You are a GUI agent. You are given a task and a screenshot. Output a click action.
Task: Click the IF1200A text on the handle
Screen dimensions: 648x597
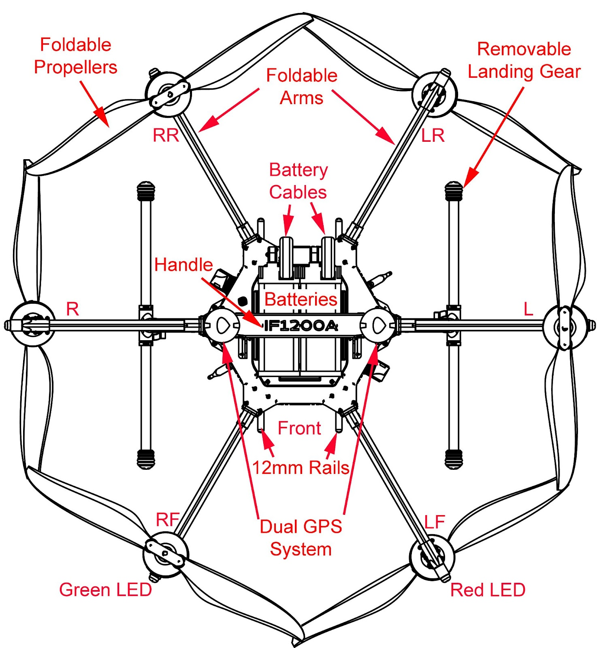click(301, 326)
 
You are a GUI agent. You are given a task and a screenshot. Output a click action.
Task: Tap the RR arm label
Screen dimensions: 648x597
click(166, 135)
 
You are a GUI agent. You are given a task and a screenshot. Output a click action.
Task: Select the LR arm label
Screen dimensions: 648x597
click(433, 136)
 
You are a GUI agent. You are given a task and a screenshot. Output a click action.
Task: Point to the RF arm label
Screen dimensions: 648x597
click(168, 519)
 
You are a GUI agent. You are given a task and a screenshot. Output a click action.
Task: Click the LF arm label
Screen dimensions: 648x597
click(435, 522)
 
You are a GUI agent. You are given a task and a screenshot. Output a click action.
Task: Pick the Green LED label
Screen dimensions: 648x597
click(105, 590)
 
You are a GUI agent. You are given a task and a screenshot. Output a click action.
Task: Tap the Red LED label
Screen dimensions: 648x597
click(488, 590)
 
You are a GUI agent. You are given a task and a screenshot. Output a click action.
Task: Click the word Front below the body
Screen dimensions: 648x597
click(299, 428)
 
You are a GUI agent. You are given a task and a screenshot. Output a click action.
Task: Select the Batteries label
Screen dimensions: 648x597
click(301, 300)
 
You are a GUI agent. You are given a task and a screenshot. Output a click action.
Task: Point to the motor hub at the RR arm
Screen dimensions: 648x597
click(168, 94)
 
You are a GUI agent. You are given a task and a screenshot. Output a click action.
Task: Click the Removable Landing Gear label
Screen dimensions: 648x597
click(524, 60)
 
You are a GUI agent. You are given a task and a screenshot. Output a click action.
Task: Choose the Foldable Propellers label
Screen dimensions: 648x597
click(76, 56)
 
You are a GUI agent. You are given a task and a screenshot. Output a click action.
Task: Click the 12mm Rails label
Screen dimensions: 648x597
click(301, 468)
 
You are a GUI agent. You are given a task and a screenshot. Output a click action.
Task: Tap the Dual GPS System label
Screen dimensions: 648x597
click(301, 538)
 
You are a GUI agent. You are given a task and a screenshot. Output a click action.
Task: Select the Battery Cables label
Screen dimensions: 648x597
click(298, 181)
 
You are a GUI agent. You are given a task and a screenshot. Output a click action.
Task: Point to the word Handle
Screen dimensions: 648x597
click(183, 265)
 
